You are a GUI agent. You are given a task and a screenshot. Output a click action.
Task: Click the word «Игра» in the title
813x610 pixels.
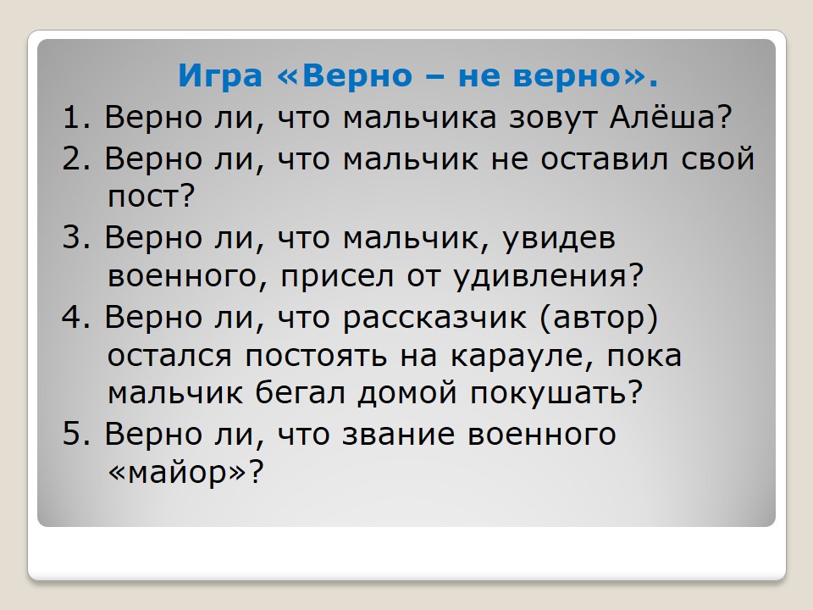tap(220, 76)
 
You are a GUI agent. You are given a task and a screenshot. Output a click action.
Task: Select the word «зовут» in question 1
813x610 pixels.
tap(553, 119)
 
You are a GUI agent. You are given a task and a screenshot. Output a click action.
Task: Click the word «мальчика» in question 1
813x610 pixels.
tap(420, 119)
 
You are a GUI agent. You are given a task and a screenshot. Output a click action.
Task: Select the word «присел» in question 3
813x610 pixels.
tap(337, 278)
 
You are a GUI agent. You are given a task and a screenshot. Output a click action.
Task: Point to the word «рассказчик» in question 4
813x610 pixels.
tap(434, 318)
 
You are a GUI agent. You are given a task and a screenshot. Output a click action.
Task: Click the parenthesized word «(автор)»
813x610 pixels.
tap(599, 318)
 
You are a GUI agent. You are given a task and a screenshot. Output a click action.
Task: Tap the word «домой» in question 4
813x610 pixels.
tap(407, 392)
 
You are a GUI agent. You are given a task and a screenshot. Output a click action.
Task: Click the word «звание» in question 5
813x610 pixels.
tap(399, 435)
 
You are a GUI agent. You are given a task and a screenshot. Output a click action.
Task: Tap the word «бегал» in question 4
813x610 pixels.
tap(300, 392)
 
